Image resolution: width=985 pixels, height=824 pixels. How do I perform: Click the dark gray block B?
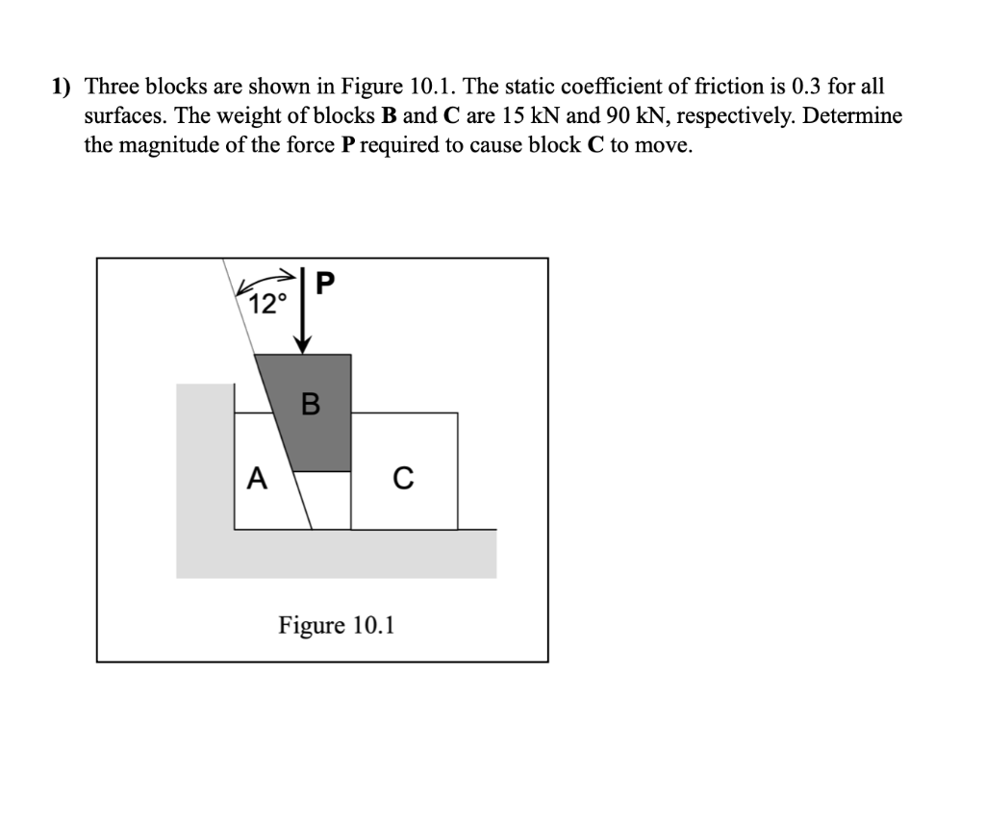tap(317, 433)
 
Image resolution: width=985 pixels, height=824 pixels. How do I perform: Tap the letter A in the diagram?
tap(256, 477)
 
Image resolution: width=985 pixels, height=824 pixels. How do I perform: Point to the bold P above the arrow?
tap(325, 284)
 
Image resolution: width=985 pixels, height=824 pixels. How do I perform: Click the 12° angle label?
tap(267, 305)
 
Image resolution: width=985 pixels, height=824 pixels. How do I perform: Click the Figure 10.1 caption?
tap(337, 626)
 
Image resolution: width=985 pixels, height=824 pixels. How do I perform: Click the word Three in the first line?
tap(111, 87)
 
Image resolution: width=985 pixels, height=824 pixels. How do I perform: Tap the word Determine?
tap(853, 116)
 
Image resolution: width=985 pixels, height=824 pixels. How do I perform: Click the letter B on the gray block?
tap(310, 404)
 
